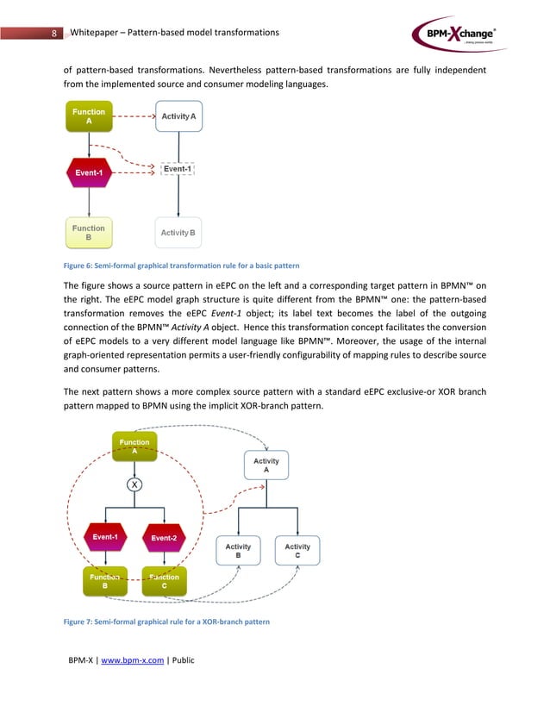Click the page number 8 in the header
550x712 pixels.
pyautogui.click(x=54, y=34)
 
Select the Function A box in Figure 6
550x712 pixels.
pyautogui.click(x=89, y=116)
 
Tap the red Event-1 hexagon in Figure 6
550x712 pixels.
pyautogui.click(x=89, y=172)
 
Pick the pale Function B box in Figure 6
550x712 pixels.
pyautogui.click(x=89, y=233)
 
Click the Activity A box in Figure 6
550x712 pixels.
pyautogui.click(x=178, y=116)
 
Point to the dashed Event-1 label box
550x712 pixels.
pyautogui.click(x=178, y=169)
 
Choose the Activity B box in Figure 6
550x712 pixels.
pyautogui.click(x=178, y=233)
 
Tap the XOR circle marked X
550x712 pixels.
pyautogui.click(x=134, y=484)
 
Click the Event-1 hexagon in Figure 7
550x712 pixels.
pyautogui.click(x=105, y=537)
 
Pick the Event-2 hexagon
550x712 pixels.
pyautogui.click(x=163, y=538)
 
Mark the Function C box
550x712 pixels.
pyautogui.click(x=163, y=582)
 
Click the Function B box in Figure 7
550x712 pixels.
pyautogui.click(x=105, y=582)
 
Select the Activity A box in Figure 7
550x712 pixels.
pyautogui.click(x=266, y=465)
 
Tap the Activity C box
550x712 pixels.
pyautogui.click(x=297, y=551)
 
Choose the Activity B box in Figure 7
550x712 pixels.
pyautogui.click(x=238, y=551)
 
